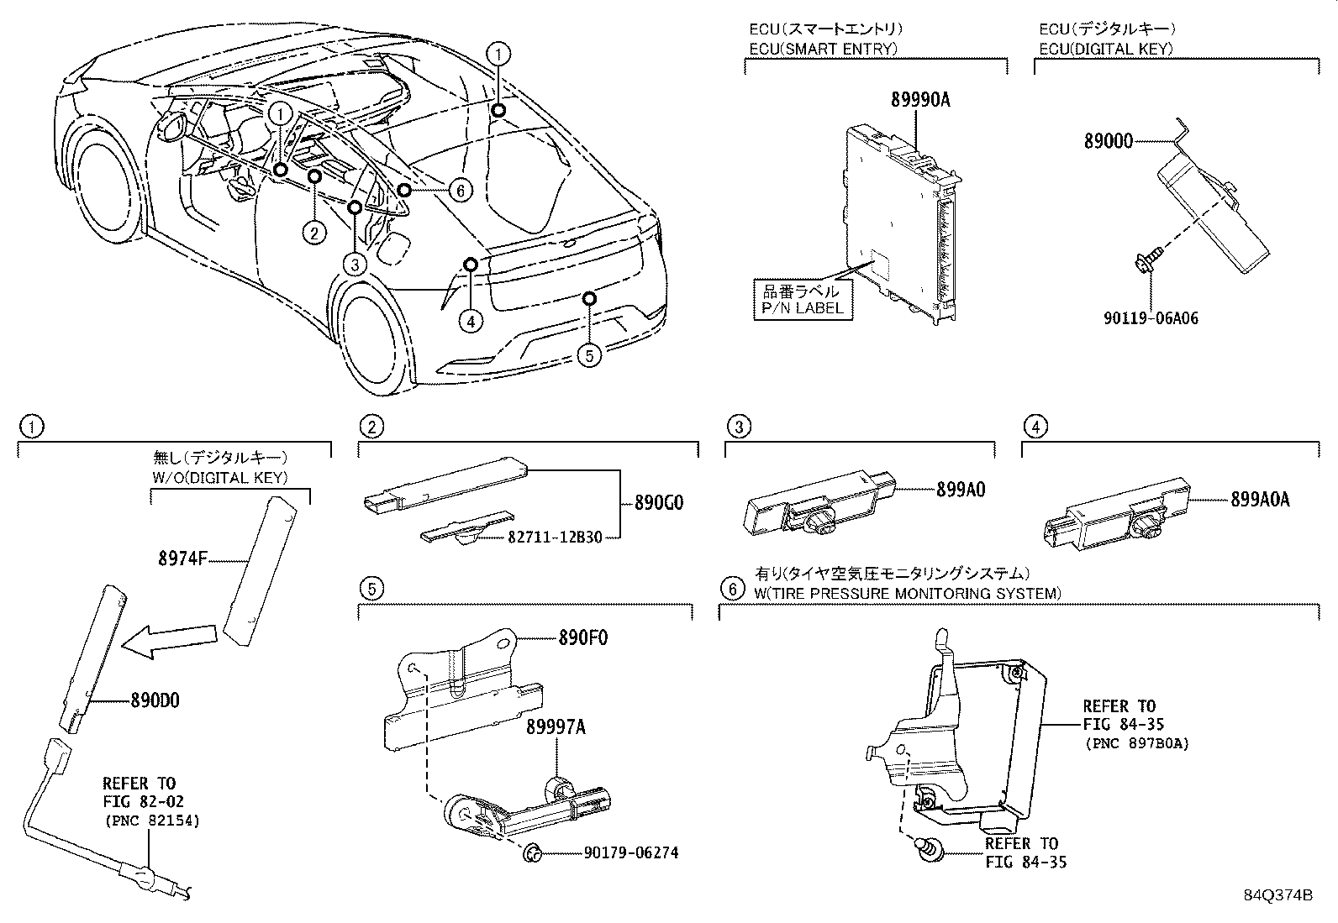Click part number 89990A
point(920,100)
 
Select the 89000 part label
point(1108,142)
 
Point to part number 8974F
point(182,556)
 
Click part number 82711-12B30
point(556,537)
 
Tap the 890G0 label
point(659,503)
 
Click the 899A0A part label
point(1260,499)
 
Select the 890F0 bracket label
point(583,637)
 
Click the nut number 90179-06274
point(630,853)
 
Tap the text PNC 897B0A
point(1136,743)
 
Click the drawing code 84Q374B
point(1277,895)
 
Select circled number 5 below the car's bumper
point(589,355)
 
